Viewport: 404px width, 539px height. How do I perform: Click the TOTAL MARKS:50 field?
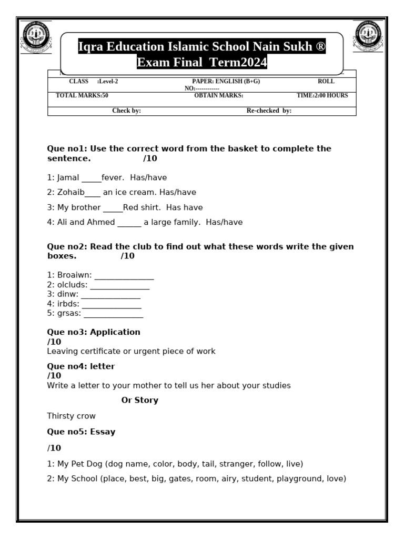[82, 96]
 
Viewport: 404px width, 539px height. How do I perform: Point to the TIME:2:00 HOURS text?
[322, 96]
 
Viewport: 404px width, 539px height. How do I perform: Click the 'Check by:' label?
[126, 111]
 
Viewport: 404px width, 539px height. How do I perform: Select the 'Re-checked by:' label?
[269, 111]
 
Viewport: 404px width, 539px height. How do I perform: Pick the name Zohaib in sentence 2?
[70, 193]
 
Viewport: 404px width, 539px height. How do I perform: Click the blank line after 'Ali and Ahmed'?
[129, 223]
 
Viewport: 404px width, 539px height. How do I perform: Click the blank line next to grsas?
[113, 314]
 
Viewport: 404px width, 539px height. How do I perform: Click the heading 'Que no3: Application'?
[94, 332]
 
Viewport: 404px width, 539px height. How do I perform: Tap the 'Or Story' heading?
[139, 401]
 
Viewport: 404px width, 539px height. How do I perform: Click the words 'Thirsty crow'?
[71, 416]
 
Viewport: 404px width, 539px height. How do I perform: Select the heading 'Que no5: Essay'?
[81, 432]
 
